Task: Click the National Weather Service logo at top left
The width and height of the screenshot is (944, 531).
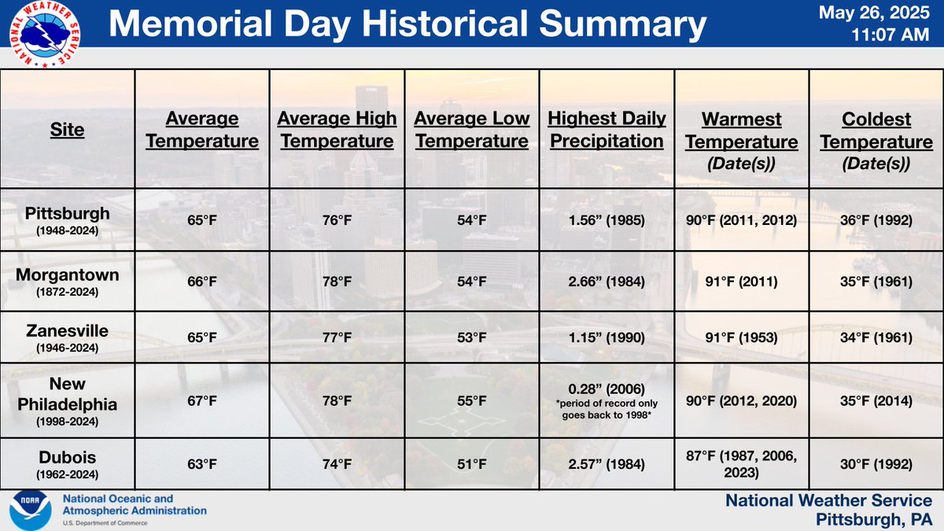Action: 42,34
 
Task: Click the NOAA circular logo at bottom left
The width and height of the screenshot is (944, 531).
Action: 30,511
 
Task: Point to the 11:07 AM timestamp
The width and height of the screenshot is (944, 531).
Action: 891,35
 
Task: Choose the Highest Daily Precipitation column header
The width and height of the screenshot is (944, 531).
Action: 607,130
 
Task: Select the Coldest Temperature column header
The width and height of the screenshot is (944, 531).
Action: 876,141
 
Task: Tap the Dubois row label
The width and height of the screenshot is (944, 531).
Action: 68,459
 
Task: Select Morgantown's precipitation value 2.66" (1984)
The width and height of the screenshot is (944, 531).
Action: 607,281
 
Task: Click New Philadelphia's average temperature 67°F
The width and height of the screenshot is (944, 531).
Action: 202,400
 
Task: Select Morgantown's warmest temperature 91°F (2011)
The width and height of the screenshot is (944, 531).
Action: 741,281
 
